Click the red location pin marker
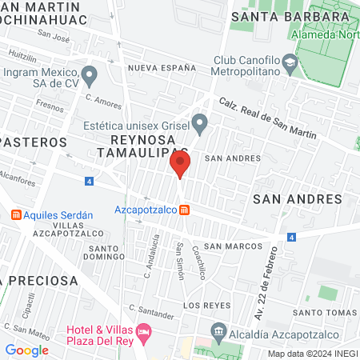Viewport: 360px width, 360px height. [x=180, y=165]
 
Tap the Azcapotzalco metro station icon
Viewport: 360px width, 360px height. [x=185, y=210]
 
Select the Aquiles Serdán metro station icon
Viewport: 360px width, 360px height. [x=15, y=215]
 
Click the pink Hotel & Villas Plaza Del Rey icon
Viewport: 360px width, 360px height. [x=144, y=330]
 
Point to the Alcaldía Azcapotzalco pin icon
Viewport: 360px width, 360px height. [x=218, y=331]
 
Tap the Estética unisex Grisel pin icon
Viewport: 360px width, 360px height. [x=201, y=123]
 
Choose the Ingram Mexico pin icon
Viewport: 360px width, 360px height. [x=90, y=76]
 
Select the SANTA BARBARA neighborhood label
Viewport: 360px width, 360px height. [x=277, y=16]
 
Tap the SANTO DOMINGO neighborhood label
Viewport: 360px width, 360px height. [x=104, y=252]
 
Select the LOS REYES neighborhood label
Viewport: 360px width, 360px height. [x=201, y=306]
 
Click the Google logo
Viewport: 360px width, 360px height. [x=26, y=350]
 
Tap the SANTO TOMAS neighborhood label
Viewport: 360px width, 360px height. [x=318, y=312]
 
